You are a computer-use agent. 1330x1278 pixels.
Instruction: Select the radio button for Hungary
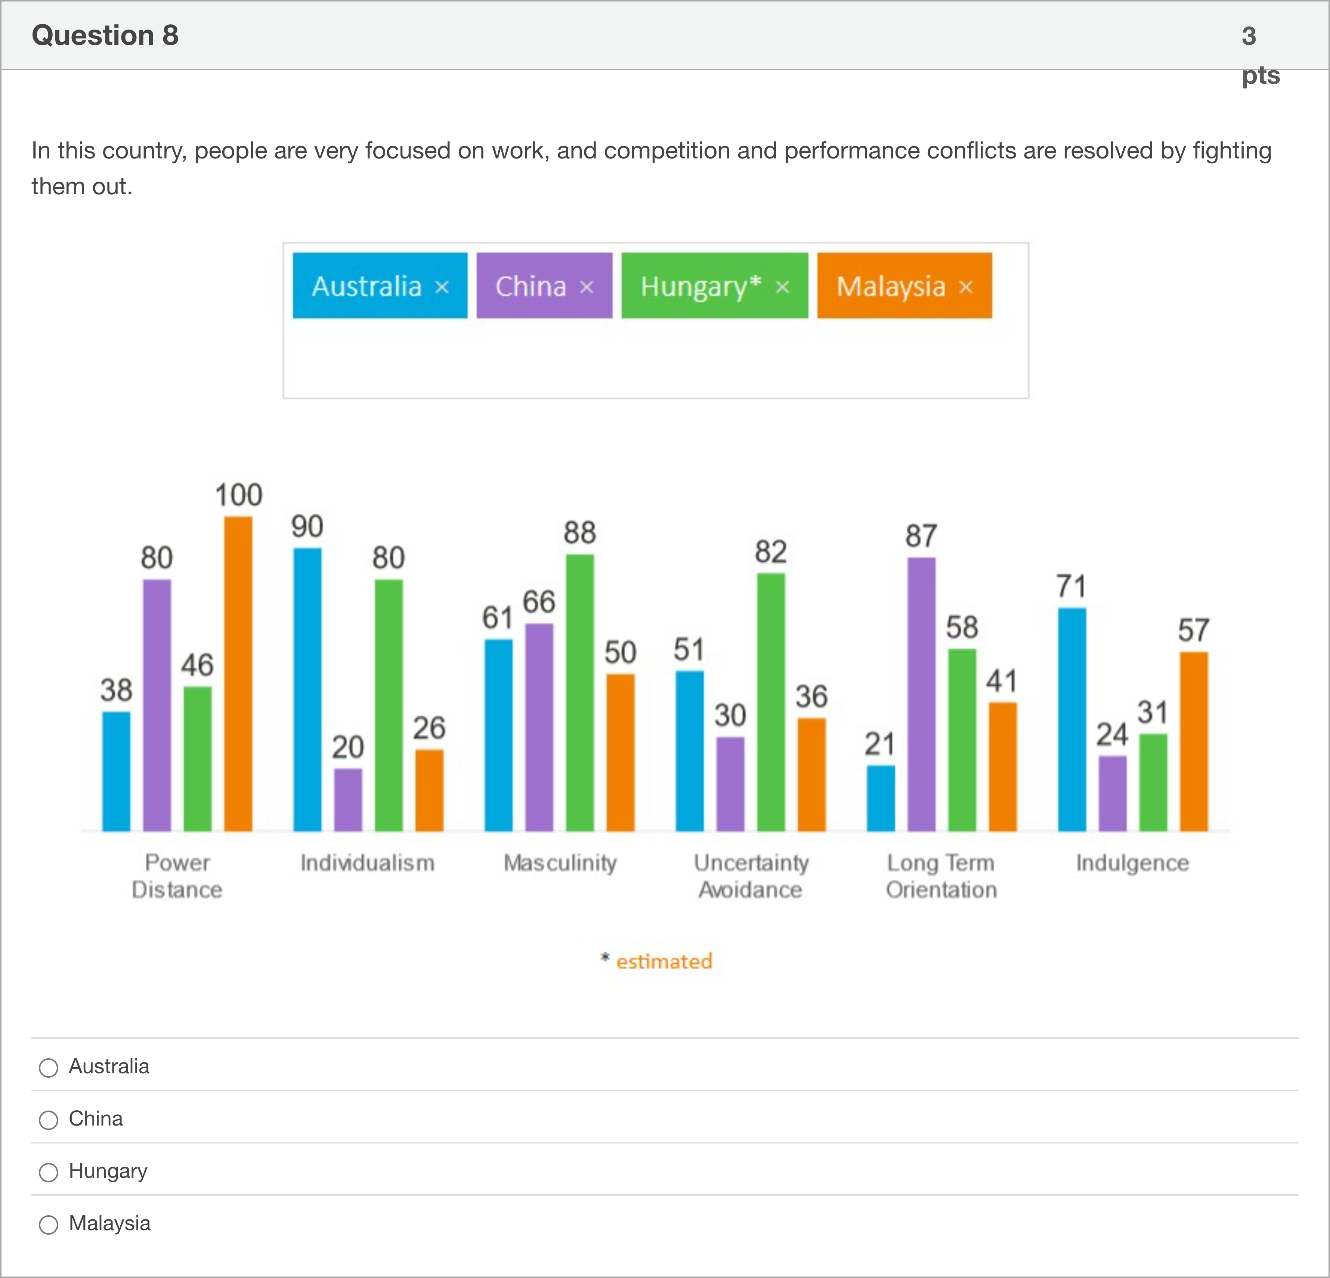(x=48, y=1172)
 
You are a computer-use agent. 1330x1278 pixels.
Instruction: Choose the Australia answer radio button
(x=48, y=1068)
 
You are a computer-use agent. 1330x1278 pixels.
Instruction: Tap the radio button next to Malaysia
(x=48, y=1225)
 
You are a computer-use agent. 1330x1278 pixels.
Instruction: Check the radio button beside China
(x=48, y=1120)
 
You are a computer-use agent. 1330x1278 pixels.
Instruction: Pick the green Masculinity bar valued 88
(x=579, y=692)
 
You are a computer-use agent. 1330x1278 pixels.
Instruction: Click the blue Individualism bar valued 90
(x=307, y=689)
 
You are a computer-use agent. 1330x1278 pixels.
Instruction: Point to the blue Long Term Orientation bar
(x=881, y=798)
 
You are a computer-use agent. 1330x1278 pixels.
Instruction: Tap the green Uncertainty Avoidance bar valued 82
(x=771, y=702)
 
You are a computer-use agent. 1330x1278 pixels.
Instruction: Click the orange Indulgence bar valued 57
(x=1194, y=741)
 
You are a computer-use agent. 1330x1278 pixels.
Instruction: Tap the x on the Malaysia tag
(x=966, y=287)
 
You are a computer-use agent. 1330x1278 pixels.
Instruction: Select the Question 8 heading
(x=105, y=35)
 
